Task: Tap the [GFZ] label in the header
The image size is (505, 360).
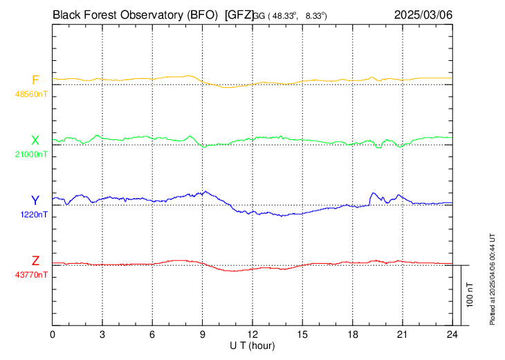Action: point(239,14)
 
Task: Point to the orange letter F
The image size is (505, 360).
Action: point(35,80)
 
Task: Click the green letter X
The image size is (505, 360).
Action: point(35,141)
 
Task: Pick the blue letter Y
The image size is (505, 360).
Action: point(35,201)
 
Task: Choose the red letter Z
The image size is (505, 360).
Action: point(35,261)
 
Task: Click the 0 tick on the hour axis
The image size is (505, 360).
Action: point(53,334)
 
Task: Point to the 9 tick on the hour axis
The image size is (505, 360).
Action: point(203,334)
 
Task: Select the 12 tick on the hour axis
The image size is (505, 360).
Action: point(252,334)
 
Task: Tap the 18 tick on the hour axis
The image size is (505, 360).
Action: point(352,334)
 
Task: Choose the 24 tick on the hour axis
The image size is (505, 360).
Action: point(452,334)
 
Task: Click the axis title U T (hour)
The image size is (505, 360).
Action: point(252,345)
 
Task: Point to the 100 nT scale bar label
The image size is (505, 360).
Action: point(470,295)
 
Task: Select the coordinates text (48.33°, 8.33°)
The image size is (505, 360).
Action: point(291,15)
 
